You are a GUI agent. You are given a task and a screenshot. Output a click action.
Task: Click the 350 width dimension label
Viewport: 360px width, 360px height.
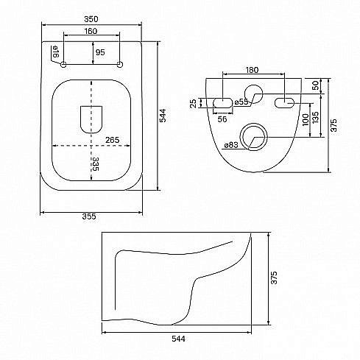coord(91,19)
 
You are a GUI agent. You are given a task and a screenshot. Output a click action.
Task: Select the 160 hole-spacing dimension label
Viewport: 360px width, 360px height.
coord(91,31)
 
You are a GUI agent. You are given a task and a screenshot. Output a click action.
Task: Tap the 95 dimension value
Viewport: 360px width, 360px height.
coord(100,52)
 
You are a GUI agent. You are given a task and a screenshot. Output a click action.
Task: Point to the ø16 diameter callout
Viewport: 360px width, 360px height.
coord(55,52)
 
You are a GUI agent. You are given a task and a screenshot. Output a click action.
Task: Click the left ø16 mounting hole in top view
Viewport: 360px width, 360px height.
coord(63,65)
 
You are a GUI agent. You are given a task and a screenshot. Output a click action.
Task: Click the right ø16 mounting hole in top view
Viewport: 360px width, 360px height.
coord(120,65)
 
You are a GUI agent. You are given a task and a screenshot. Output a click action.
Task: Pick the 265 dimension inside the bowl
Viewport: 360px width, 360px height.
coord(112,140)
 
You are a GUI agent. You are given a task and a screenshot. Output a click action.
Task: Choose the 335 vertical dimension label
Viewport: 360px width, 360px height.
coord(95,164)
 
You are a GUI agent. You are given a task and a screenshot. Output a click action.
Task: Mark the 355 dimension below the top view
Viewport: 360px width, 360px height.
coord(89,216)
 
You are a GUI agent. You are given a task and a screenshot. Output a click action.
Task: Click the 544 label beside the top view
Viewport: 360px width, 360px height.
coord(163,116)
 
